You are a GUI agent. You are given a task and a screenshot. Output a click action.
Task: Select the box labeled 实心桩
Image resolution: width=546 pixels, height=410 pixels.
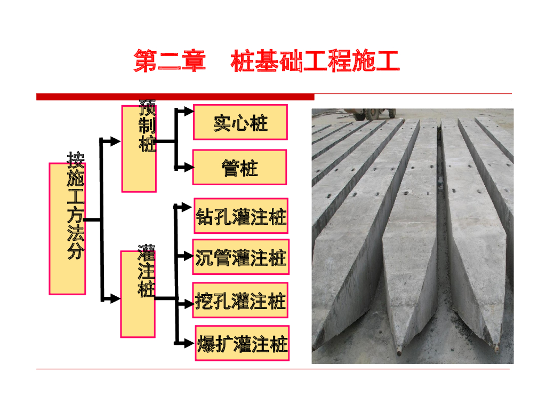pyautogui.click(x=240, y=122)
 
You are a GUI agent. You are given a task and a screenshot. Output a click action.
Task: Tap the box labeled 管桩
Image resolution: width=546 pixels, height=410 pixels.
pyautogui.click(x=239, y=168)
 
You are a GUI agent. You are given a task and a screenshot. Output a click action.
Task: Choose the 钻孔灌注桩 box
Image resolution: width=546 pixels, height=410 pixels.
pyautogui.click(x=241, y=216)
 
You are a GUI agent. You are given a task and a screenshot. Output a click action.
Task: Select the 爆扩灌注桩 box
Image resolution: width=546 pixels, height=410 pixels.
pyautogui.click(x=242, y=343)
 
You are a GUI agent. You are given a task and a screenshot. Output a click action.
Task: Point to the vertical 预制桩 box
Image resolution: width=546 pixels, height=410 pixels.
pyautogui.click(x=139, y=148)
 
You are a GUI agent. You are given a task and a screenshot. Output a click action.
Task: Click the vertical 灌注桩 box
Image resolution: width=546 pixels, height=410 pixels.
pyautogui.click(x=138, y=294)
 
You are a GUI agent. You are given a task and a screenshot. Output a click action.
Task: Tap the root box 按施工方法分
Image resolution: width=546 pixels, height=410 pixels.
pyautogui.click(x=68, y=228)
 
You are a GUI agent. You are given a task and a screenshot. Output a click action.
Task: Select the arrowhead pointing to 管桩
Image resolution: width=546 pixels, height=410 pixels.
pyautogui.click(x=187, y=167)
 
